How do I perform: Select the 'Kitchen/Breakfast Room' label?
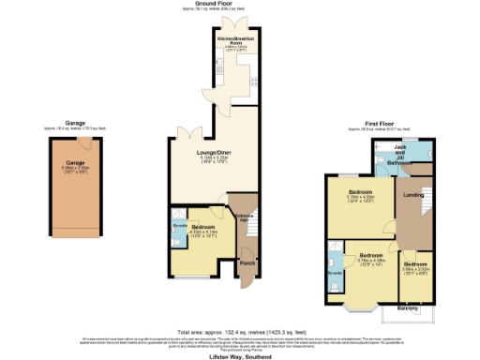tap(230, 41)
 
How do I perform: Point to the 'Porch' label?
tap(247, 262)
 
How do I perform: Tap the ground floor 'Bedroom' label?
tap(203, 228)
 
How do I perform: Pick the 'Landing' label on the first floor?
tap(412, 194)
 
